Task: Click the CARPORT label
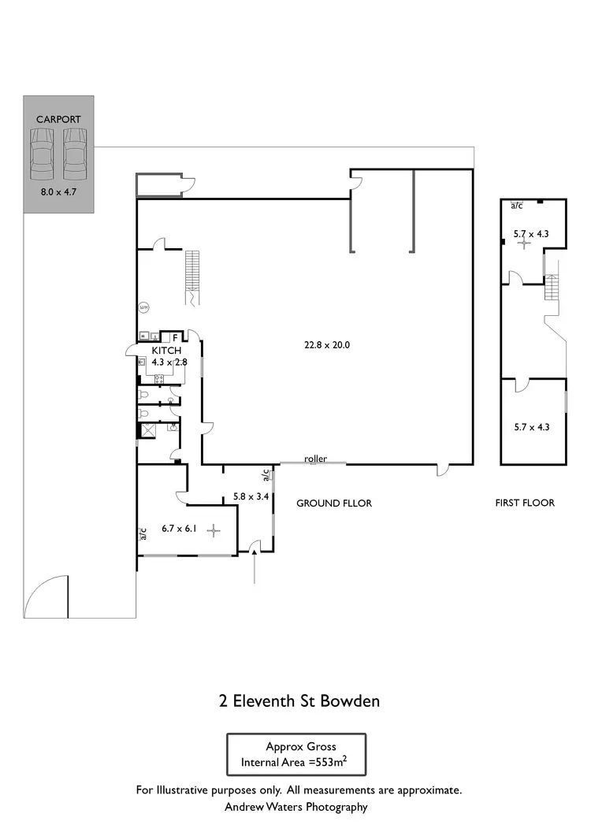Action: (x=58, y=120)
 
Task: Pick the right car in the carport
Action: (x=74, y=154)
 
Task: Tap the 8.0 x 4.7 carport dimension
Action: (x=58, y=191)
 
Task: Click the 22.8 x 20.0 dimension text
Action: (x=327, y=344)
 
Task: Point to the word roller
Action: (x=314, y=459)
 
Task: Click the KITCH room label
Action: (x=166, y=351)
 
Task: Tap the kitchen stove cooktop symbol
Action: (x=158, y=379)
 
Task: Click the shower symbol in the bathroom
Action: (x=147, y=430)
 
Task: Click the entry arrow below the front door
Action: (x=255, y=567)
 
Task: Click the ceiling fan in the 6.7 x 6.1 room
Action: (x=213, y=532)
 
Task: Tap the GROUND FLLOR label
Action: (x=333, y=503)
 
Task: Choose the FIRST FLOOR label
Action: (x=524, y=503)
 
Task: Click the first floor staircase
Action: (x=551, y=288)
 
